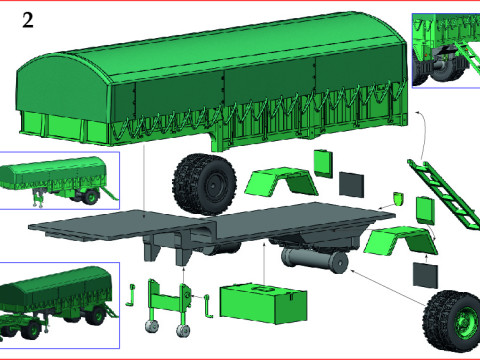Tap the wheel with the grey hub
click(x=207, y=183)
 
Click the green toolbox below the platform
click(x=262, y=301)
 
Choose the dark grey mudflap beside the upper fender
click(x=352, y=183)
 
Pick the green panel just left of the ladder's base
click(x=424, y=209)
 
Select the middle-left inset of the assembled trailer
click(x=60, y=181)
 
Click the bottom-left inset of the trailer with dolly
click(x=60, y=299)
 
